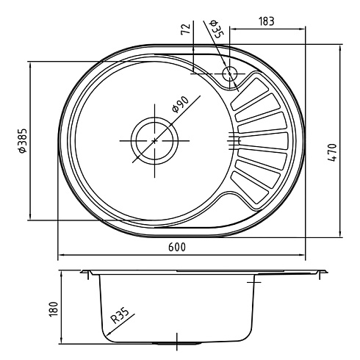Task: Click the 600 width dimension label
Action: tap(177, 247)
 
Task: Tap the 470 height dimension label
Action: tap(332, 153)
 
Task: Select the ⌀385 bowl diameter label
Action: tap(23, 141)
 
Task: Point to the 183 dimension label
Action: tap(267, 21)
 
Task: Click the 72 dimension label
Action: tap(186, 29)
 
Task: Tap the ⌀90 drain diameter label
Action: tap(181, 104)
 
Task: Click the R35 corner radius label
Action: tap(120, 316)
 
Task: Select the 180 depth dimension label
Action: tap(54, 309)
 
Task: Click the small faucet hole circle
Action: tap(230, 73)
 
